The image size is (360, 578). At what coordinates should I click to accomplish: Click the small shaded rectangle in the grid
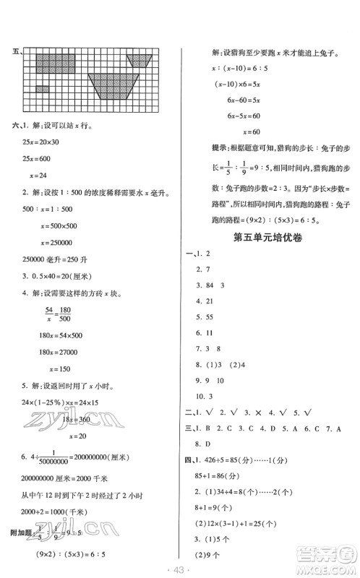click(x=43, y=88)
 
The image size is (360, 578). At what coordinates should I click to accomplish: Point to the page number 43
click(x=179, y=569)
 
